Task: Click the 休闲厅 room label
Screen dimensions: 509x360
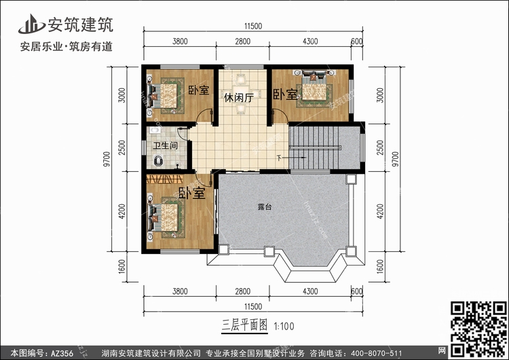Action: (239, 98)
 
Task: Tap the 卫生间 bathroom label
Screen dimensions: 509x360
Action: (165, 145)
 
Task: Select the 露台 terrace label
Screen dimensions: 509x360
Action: (265, 206)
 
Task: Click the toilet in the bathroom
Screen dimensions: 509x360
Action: (158, 160)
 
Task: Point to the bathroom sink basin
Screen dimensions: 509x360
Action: (155, 130)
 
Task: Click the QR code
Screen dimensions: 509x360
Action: (479, 329)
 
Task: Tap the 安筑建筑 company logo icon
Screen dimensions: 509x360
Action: (31, 24)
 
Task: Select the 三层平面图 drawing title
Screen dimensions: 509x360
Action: (245, 325)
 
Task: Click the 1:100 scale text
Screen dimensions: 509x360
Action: (284, 326)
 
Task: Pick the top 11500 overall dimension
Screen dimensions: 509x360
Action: (253, 26)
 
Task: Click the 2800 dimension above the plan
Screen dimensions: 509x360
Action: (242, 41)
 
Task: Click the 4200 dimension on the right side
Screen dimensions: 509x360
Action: (380, 211)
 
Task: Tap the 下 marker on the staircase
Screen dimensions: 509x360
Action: (279, 158)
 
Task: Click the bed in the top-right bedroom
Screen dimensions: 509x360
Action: (314, 86)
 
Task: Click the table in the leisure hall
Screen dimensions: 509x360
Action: (240, 94)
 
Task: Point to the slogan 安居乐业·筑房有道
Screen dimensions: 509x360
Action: (67, 47)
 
